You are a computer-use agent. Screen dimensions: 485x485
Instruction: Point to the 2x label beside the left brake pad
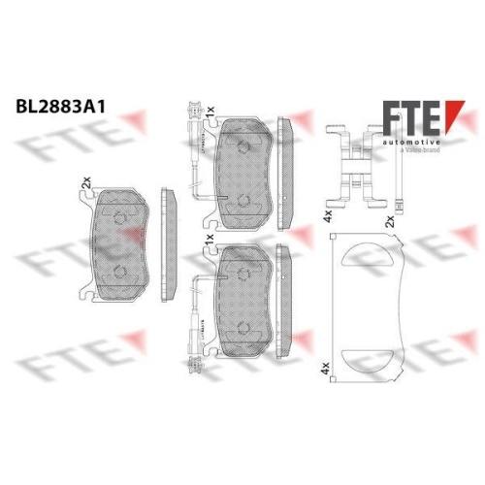click(85, 180)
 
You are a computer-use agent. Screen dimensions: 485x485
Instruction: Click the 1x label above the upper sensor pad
click(209, 116)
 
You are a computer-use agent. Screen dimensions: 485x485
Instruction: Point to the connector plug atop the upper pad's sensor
click(191, 108)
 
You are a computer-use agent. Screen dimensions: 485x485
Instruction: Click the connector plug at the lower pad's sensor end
click(191, 367)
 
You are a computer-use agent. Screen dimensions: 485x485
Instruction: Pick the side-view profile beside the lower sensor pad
click(284, 291)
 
